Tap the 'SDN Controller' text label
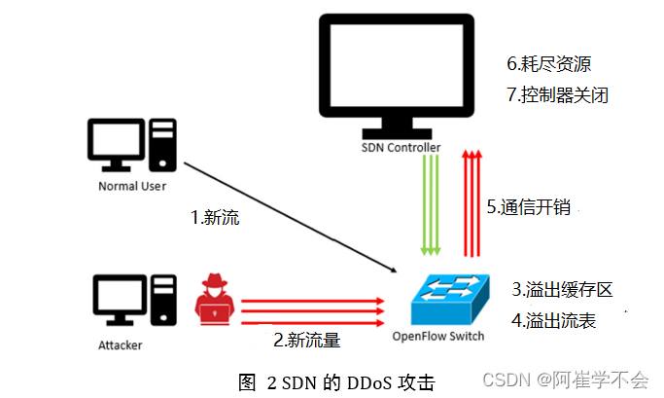[401, 148]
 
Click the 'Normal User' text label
[132, 185]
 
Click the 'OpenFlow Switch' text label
[437, 337]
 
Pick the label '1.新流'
[214, 217]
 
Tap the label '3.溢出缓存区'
[562, 289]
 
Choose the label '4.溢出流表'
[554, 319]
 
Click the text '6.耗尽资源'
[548, 64]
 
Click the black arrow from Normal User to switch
[292, 215]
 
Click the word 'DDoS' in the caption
[354, 382]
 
